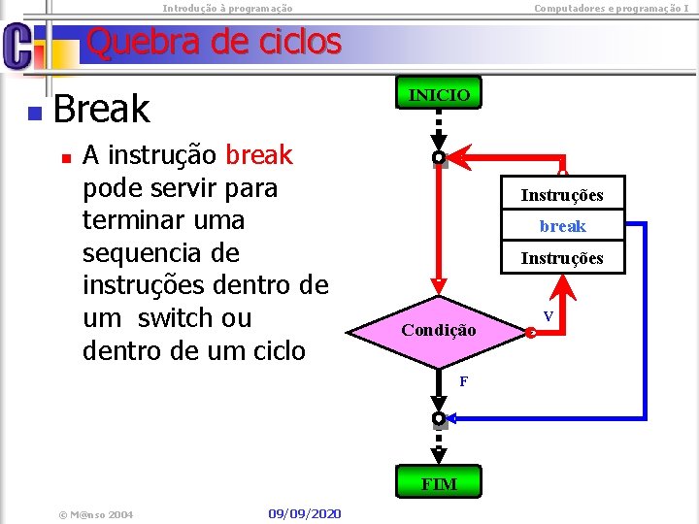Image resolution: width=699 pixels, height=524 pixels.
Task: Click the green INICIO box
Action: pyautogui.click(x=439, y=95)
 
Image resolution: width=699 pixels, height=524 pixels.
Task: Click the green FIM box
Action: pyautogui.click(x=439, y=483)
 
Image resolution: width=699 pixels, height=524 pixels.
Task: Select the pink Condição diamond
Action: pyautogui.click(x=439, y=330)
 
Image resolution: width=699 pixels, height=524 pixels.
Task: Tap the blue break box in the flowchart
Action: pyautogui.click(x=563, y=226)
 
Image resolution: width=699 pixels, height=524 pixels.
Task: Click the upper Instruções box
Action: pyautogui.click(x=562, y=195)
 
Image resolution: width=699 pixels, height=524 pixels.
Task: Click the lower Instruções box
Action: pyautogui.click(x=562, y=258)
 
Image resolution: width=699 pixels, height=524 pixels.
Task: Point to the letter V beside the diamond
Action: pyautogui.click(x=549, y=317)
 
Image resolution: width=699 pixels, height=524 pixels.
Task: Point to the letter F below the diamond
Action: pyautogui.click(x=464, y=381)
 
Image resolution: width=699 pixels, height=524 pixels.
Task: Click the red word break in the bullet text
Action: pyautogui.click(x=258, y=155)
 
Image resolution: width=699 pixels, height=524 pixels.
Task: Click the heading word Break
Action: pyautogui.click(x=102, y=109)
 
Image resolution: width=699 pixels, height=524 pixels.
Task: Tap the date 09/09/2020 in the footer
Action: pyautogui.click(x=305, y=512)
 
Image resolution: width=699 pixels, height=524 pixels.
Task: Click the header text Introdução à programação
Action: pyautogui.click(x=227, y=8)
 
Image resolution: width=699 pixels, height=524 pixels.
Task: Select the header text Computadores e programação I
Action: pyautogui.click(x=612, y=8)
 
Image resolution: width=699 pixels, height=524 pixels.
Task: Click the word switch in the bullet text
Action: pyautogui.click(x=180, y=317)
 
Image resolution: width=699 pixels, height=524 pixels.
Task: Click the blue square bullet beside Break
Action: pyautogui.click(x=34, y=114)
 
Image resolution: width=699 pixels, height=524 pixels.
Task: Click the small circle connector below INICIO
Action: pyautogui.click(x=439, y=157)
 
